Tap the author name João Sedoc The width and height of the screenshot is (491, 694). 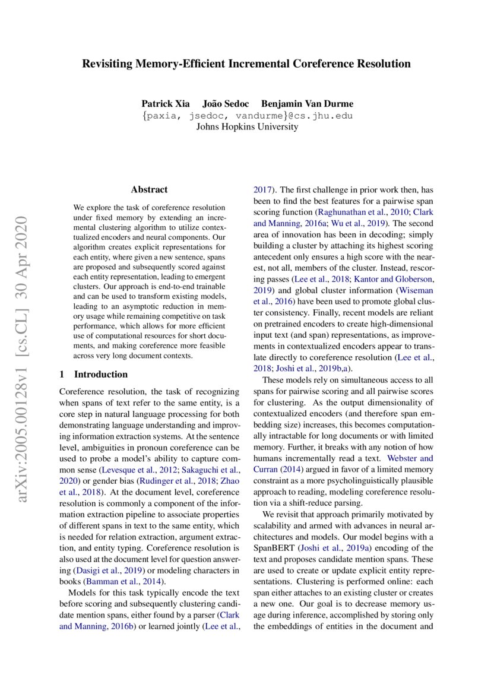(x=226, y=104)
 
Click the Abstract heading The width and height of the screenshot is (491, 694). (x=149, y=190)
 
